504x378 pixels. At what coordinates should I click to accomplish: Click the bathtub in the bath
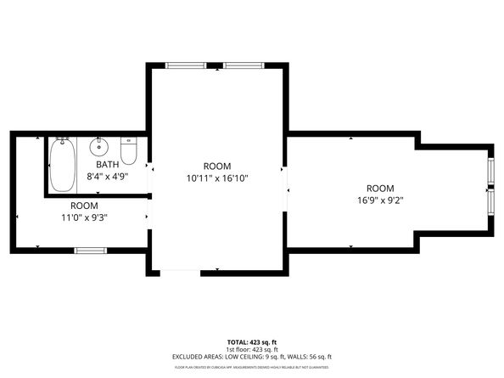coord(61,165)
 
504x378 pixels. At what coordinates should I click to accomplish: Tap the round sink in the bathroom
coord(99,144)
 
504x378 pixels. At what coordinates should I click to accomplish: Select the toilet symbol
coord(129,150)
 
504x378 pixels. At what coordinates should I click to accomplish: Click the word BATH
coord(107,165)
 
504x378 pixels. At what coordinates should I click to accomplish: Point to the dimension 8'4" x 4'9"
coord(107,177)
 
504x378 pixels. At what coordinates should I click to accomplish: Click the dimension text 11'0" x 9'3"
coord(83,217)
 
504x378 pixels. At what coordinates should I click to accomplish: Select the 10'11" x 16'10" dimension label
coord(217,178)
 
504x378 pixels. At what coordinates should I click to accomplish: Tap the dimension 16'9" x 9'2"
coord(380,200)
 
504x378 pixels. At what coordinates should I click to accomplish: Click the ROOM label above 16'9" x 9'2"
coord(380,189)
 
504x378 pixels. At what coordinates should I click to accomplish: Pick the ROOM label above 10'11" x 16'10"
coord(217,166)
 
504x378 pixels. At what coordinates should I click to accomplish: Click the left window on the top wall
coord(185,65)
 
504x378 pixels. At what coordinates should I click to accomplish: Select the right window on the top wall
coord(243,65)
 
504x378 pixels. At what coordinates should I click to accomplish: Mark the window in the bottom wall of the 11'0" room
coord(90,251)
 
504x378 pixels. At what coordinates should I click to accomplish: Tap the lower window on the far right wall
coord(490,202)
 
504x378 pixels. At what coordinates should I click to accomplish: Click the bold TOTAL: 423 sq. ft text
coord(251,341)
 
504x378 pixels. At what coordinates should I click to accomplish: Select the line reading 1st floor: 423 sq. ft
coord(251,349)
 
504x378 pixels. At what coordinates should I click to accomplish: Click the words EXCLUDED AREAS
coord(202,357)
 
